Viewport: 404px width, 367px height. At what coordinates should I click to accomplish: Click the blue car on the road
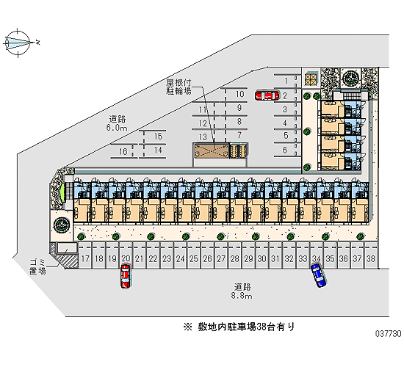[x=319, y=275]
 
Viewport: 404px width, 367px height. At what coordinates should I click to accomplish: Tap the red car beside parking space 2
[x=267, y=95]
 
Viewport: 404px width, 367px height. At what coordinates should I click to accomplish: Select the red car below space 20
[x=126, y=276]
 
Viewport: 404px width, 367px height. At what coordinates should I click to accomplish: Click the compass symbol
[x=18, y=43]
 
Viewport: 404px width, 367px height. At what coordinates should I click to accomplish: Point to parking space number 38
[x=370, y=258]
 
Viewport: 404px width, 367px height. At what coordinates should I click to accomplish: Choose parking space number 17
[x=85, y=258]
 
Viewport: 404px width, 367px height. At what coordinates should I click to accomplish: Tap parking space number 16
[x=123, y=151]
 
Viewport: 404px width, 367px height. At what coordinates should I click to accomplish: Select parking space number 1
[x=286, y=81]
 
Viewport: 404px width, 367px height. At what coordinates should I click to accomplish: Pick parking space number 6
[x=285, y=150]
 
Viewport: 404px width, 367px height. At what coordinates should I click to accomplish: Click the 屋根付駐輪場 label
[x=178, y=87]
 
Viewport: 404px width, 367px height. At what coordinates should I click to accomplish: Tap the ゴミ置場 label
[x=37, y=266]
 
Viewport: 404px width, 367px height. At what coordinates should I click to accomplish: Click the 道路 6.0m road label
[x=118, y=123]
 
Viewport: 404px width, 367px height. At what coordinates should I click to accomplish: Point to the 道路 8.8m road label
[x=242, y=291]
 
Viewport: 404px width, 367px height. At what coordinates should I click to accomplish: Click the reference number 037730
[x=388, y=334]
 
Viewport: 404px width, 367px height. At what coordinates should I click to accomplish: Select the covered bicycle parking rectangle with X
[x=212, y=151]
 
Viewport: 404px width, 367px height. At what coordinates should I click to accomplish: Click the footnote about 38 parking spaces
[x=239, y=327]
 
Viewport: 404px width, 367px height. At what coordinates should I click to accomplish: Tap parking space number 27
[x=221, y=258]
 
